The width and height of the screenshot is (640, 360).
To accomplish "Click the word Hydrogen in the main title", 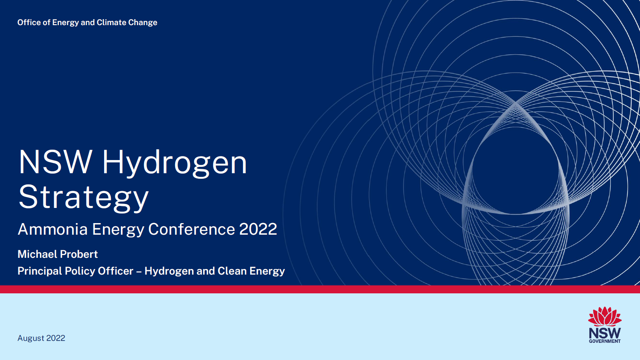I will [174, 163].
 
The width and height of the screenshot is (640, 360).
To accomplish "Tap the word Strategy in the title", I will [83, 197].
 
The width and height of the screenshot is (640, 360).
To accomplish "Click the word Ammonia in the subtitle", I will [53, 229].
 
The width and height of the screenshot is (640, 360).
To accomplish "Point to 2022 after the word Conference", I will [258, 229].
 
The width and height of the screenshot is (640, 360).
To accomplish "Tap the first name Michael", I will [37, 254].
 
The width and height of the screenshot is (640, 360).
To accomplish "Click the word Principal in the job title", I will [40, 271].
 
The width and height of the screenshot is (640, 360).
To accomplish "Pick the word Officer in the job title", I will [115, 271].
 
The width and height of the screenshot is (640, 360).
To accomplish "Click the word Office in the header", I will [29, 22].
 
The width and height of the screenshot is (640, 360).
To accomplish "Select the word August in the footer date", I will [31, 338].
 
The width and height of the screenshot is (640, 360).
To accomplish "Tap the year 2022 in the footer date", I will [55, 338].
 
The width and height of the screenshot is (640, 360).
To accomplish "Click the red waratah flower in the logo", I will [605, 316].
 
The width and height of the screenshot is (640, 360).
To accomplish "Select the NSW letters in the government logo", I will [605, 332].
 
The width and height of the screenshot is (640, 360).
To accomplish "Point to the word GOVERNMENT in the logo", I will [605, 341].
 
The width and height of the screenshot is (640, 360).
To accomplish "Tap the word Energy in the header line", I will [65, 23].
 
